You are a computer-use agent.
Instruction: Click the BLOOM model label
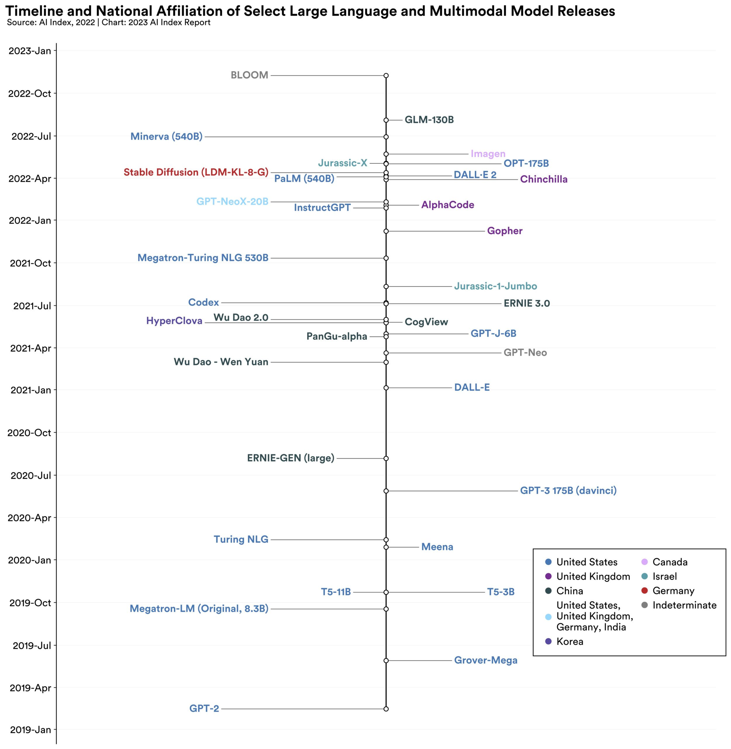click(x=249, y=75)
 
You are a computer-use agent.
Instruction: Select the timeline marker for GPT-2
click(x=386, y=709)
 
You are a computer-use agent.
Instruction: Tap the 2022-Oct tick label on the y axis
click(x=30, y=93)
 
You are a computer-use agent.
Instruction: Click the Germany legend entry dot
click(x=645, y=590)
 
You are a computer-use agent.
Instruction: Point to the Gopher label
click(x=504, y=231)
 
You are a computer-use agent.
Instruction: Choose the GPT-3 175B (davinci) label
click(x=568, y=490)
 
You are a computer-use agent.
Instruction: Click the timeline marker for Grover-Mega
click(x=386, y=660)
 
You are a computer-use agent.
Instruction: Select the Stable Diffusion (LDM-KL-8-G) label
click(x=196, y=172)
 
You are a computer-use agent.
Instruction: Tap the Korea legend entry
click(x=570, y=641)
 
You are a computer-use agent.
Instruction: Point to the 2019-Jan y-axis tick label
click(x=30, y=729)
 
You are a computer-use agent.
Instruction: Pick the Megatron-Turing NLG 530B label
click(x=203, y=258)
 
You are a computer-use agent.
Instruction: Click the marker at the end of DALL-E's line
click(x=386, y=388)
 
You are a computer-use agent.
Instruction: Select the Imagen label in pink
click(x=488, y=154)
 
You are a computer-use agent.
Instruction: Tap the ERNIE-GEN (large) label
click(x=291, y=458)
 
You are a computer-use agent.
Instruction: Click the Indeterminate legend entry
click(x=684, y=605)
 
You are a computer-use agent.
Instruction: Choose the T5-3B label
click(x=501, y=592)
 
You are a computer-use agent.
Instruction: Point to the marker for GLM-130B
click(x=386, y=120)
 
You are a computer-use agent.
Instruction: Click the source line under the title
click(x=109, y=22)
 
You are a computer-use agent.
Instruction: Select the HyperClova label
click(x=174, y=321)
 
